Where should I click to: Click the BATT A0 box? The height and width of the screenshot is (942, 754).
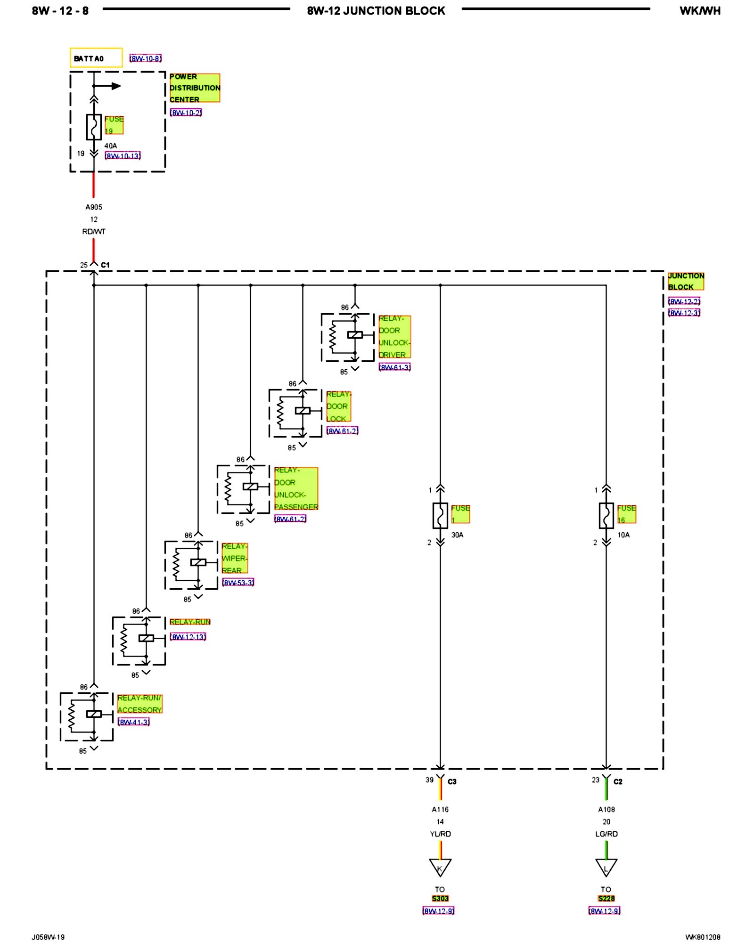coord(96,58)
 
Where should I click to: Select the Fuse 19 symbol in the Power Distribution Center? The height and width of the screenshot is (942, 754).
coord(94,127)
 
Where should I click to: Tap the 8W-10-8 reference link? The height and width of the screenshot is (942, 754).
coord(146,58)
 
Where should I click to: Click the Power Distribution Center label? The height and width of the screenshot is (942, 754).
coord(195,88)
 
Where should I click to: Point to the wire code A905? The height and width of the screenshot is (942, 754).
coord(94,207)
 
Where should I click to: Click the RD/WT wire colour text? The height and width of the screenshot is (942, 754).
coord(94,231)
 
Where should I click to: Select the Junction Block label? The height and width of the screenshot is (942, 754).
coord(686,281)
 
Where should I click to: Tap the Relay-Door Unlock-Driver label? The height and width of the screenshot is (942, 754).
coord(394,336)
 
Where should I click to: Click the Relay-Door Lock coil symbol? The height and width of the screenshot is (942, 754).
coord(303,411)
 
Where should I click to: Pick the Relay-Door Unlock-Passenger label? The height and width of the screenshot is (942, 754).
coord(296,488)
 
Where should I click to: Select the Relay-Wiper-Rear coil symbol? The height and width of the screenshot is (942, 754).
coord(198,562)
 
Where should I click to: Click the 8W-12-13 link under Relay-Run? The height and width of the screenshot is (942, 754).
coord(188,637)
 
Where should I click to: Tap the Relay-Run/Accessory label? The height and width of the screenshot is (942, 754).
coord(139,704)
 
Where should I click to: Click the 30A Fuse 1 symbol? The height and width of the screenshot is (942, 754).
coord(440,516)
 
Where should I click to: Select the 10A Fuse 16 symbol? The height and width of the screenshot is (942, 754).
coord(606,516)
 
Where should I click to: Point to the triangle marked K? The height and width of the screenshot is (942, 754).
coord(440,867)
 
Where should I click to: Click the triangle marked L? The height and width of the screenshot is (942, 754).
coord(606,867)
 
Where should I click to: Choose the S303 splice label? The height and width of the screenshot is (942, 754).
coord(440,898)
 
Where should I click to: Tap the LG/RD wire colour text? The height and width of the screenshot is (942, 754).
coord(606,834)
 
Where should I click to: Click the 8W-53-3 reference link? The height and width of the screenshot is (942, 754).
coord(238,583)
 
